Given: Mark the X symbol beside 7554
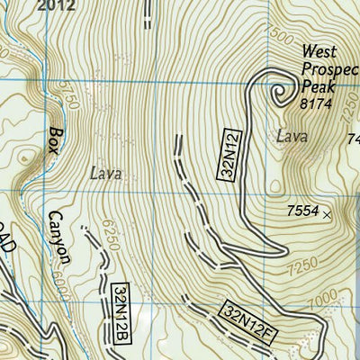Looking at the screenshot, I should coord(327,214).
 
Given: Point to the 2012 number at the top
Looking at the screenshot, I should coord(58,5).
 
